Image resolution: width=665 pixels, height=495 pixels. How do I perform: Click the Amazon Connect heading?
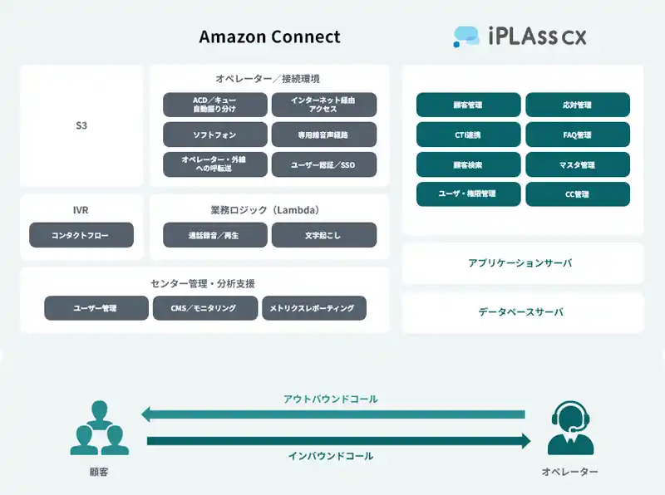click(269, 37)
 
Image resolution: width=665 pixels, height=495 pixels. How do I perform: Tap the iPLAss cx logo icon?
click(466, 36)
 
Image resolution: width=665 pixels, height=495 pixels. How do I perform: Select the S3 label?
click(81, 126)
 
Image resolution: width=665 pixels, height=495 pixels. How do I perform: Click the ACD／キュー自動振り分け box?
click(215, 105)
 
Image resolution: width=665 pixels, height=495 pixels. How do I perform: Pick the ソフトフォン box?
click(215, 135)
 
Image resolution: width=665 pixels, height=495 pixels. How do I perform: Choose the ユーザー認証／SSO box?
click(323, 164)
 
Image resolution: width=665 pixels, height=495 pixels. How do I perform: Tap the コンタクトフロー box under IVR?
click(81, 235)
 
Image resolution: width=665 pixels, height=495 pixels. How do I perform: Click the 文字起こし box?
click(323, 235)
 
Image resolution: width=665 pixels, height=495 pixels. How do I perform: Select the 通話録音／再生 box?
click(215, 235)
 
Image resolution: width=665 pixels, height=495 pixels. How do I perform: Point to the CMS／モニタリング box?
click(205, 308)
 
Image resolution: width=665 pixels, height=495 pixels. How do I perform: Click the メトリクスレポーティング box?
click(313, 308)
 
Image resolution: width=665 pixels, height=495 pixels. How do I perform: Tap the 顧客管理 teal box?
click(468, 105)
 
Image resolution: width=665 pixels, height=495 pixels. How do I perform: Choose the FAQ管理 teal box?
click(577, 135)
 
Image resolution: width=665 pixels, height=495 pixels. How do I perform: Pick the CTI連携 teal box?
click(468, 135)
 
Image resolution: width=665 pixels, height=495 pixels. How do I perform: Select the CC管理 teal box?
click(577, 194)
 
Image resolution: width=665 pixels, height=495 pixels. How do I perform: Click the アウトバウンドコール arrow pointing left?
click(332, 414)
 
